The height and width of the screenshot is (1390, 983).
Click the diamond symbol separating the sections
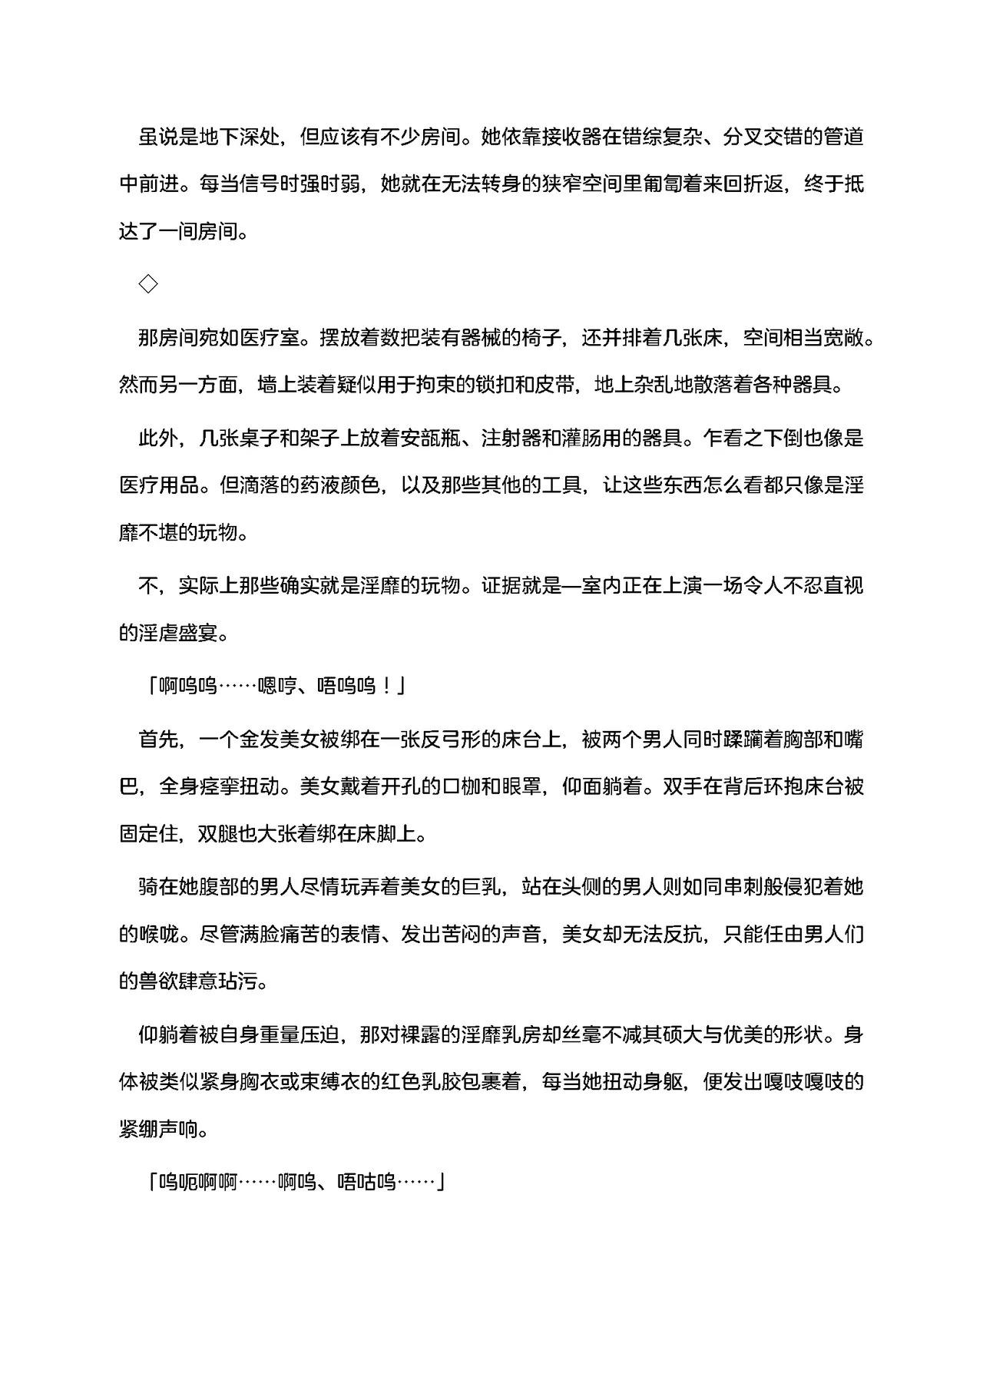coord(148,284)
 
